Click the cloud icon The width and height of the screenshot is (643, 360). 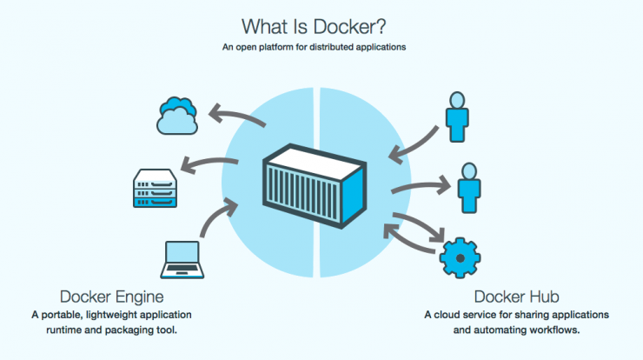[x=177, y=116]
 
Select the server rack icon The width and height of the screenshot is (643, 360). [x=155, y=188]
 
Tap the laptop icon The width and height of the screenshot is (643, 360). [x=182, y=260]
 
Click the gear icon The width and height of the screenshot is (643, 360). [x=461, y=258]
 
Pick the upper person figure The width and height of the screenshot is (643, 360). [x=457, y=117]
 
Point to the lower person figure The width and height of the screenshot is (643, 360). [x=469, y=188]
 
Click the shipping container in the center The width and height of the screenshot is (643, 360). [x=315, y=186]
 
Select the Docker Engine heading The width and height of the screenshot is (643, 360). [x=111, y=297]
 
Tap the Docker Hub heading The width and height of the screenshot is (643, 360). [x=516, y=297]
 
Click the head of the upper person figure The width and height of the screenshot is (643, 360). [x=457, y=100]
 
